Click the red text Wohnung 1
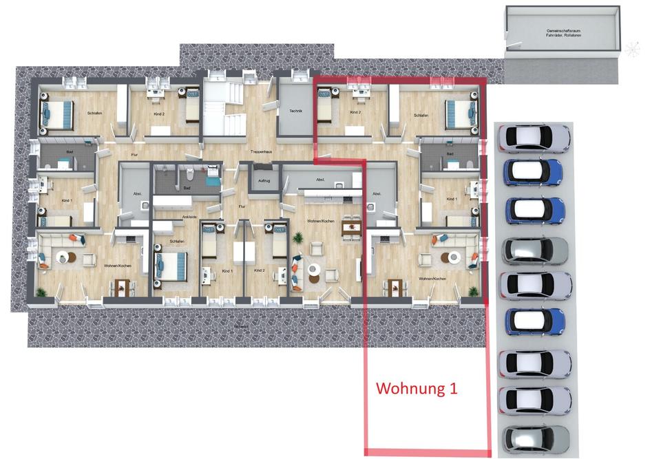(417, 388)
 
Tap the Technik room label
(295, 111)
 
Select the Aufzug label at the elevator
(264, 180)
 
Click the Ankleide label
(189, 217)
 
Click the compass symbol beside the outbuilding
(632, 49)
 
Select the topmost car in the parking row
(534, 138)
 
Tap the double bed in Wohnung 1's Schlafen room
(459, 114)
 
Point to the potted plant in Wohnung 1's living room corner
(473, 292)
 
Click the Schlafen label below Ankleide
(177, 242)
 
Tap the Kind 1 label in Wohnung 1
(451, 199)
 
